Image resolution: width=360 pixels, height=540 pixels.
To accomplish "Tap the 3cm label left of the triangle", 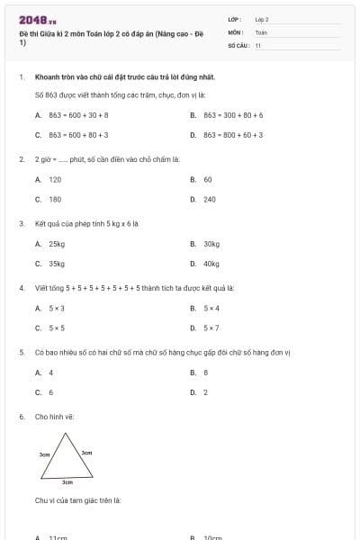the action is [44, 455].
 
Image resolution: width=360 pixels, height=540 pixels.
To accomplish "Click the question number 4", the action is [21, 288].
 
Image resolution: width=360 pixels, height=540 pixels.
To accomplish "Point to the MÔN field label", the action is [235, 31].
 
